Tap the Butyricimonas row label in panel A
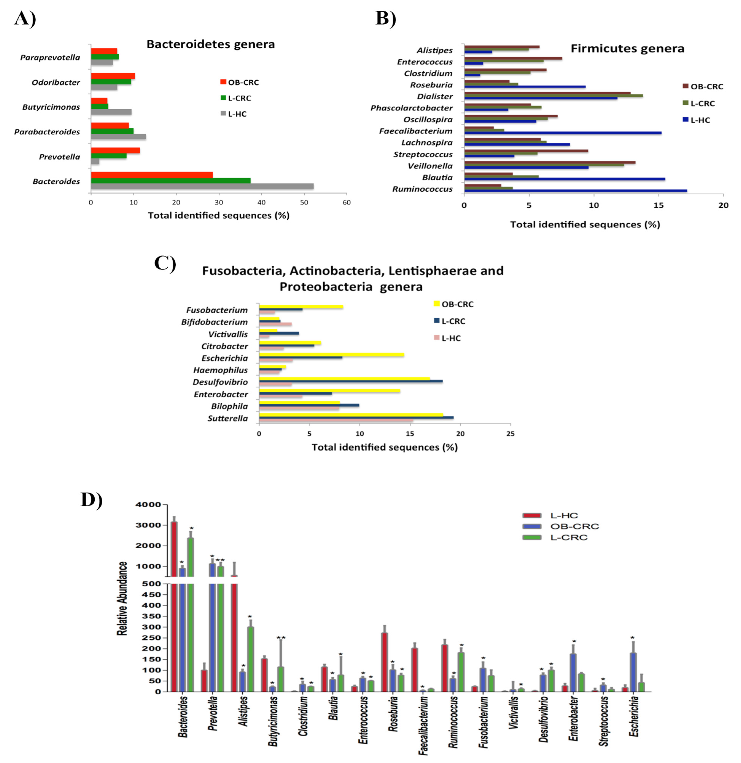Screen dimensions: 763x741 (51, 107)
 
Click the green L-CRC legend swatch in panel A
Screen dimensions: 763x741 (223, 98)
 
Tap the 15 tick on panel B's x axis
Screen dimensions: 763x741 (658, 205)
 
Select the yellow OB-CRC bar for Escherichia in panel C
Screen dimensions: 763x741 (331, 355)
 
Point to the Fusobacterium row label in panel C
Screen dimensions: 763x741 (217, 310)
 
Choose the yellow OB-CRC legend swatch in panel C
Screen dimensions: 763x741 (436, 304)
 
